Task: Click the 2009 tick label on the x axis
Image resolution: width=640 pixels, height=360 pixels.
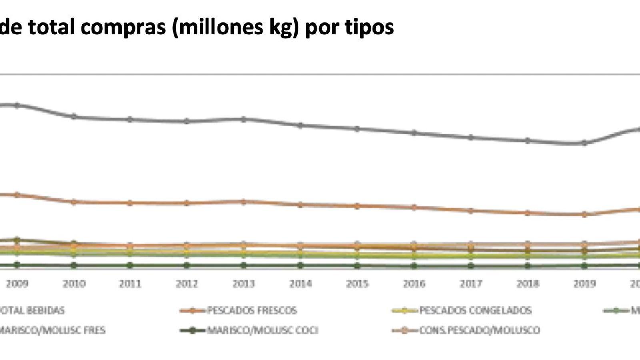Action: pyautogui.click(x=17, y=284)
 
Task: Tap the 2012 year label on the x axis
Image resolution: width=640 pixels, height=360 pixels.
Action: pyautogui.click(x=187, y=284)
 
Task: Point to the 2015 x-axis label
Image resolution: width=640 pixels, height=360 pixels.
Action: pyautogui.click(x=357, y=284)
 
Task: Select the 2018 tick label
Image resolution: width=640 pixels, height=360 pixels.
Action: pyautogui.click(x=528, y=284)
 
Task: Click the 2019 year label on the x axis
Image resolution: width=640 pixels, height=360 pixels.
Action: pyautogui.click(x=584, y=284)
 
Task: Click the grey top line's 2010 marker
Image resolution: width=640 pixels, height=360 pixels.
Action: pyautogui.click(x=74, y=116)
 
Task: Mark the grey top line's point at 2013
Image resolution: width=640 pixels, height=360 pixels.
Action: pyautogui.click(x=244, y=119)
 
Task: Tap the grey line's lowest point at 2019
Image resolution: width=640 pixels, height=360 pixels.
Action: pyautogui.click(x=584, y=143)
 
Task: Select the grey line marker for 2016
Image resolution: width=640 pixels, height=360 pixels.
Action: pyautogui.click(x=414, y=133)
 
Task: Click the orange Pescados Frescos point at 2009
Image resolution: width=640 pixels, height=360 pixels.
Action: pyautogui.click(x=17, y=195)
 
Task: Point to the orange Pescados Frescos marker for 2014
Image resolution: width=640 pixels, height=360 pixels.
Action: pyautogui.click(x=300, y=205)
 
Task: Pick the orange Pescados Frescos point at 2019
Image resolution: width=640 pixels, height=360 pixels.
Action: pyautogui.click(x=584, y=214)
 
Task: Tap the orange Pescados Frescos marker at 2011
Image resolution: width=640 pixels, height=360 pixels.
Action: pyautogui.click(x=130, y=203)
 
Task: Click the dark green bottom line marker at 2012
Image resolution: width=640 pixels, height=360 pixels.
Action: pyautogui.click(x=187, y=265)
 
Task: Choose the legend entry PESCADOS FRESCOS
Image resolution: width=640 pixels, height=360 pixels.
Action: pyautogui.click(x=252, y=310)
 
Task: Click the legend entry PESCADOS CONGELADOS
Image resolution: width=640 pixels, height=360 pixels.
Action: pyautogui.click(x=475, y=310)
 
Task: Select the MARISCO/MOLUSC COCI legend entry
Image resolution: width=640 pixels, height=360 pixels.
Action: pyautogui.click(x=262, y=330)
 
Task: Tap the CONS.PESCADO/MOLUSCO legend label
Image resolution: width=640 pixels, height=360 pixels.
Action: pyautogui.click(x=479, y=330)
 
